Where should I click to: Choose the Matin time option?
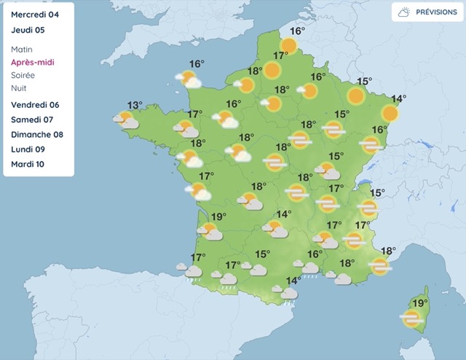click(23, 49)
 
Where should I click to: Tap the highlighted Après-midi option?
click(33, 62)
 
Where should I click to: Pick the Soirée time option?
click(23, 75)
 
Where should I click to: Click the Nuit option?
click(20, 88)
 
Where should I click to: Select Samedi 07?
click(32, 120)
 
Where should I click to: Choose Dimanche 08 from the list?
click(37, 134)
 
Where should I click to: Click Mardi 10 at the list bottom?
click(28, 164)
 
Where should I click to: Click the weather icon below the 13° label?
click(127, 120)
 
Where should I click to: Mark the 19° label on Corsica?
click(419, 304)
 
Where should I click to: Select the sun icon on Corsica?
click(412, 318)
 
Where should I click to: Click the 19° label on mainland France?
click(219, 216)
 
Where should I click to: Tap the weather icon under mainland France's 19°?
click(210, 232)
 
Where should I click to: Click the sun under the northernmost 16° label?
click(289, 46)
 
